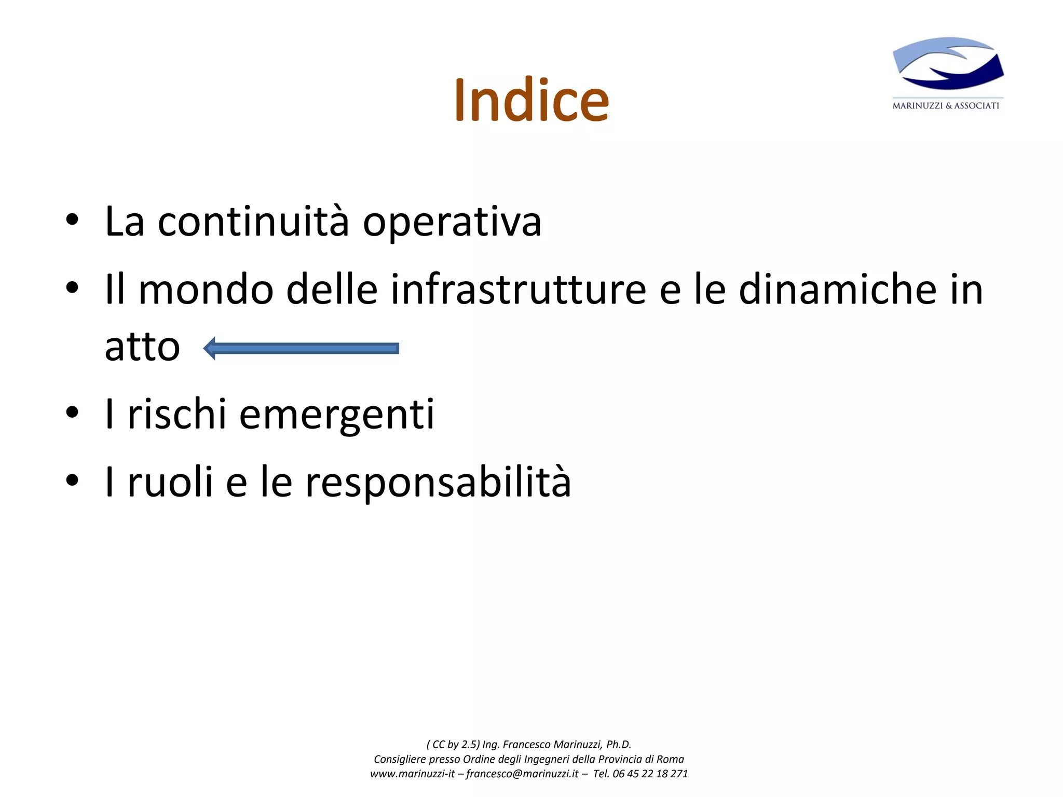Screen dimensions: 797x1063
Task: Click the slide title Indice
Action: (x=531, y=100)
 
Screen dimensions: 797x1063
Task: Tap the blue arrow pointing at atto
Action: (x=301, y=348)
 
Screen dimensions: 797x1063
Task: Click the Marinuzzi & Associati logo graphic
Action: (x=948, y=64)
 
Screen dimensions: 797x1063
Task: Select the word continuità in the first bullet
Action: (x=253, y=222)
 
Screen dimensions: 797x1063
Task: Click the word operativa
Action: (x=452, y=223)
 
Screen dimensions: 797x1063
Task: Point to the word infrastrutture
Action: (x=518, y=289)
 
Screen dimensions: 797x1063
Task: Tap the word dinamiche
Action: (x=837, y=289)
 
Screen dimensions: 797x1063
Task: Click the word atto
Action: (x=142, y=347)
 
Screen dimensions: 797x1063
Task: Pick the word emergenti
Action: (x=336, y=415)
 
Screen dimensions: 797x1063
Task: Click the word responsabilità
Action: (x=438, y=482)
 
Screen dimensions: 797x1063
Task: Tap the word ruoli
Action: (x=170, y=482)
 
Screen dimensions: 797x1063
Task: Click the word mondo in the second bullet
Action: (x=206, y=289)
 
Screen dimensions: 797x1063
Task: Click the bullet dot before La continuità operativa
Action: (x=72, y=219)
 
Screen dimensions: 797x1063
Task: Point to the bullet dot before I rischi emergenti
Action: (x=72, y=413)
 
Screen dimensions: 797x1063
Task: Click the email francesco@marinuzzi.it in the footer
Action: (x=522, y=774)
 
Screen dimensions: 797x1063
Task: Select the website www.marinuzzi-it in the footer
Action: (x=412, y=774)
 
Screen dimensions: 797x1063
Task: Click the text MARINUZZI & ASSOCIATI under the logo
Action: (x=945, y=106)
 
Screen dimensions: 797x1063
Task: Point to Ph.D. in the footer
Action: (x=619, y=744)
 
